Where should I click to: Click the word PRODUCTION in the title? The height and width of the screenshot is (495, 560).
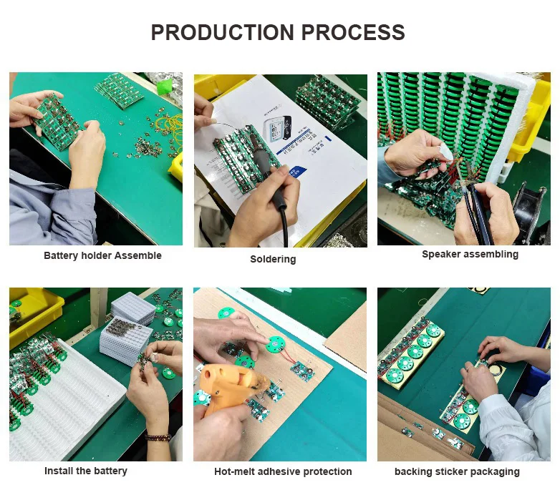click(x=222, y=32)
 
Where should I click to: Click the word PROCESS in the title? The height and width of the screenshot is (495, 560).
click(x=353, y=32)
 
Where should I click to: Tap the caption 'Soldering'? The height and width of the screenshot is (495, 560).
click(x=273, y=259)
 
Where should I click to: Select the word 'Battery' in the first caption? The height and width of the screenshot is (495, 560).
click(x=61, y=255)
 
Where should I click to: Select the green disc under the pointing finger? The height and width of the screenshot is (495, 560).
click(x=276, y=343)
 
